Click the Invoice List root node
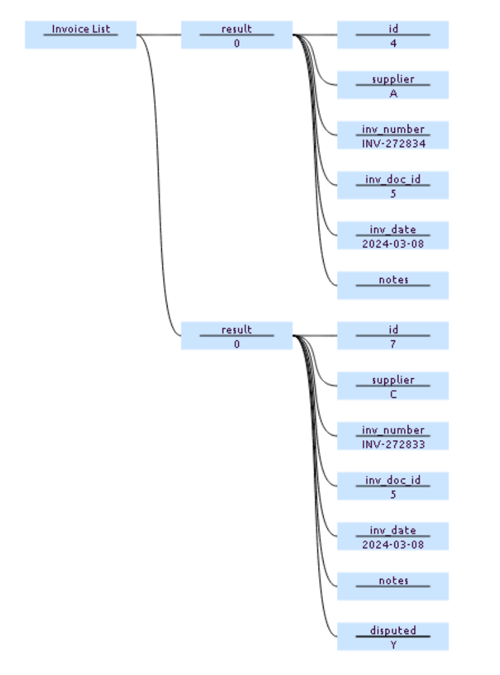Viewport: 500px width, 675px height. coord(80,34)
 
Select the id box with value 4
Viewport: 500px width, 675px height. coord(393,35)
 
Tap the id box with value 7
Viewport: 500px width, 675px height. coord(393,336)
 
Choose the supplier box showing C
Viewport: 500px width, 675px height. coord(393,386)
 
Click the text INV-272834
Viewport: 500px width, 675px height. coord(393,143)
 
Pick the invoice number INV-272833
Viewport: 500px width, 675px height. coord(393,444)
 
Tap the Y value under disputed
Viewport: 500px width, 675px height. coord(393,645)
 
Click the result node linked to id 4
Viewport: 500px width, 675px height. coord(236,35)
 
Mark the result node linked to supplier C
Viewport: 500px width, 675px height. coord(236,336)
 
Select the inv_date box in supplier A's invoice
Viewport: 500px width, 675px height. coord(393,235)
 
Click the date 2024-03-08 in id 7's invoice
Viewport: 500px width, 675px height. coord(393,544)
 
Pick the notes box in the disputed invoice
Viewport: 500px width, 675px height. coord(393,586)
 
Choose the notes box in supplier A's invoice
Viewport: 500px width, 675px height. coord(393,285)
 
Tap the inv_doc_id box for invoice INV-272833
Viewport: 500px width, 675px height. coord(393,486)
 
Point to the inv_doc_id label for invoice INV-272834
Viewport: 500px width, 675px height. coord(393,179)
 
